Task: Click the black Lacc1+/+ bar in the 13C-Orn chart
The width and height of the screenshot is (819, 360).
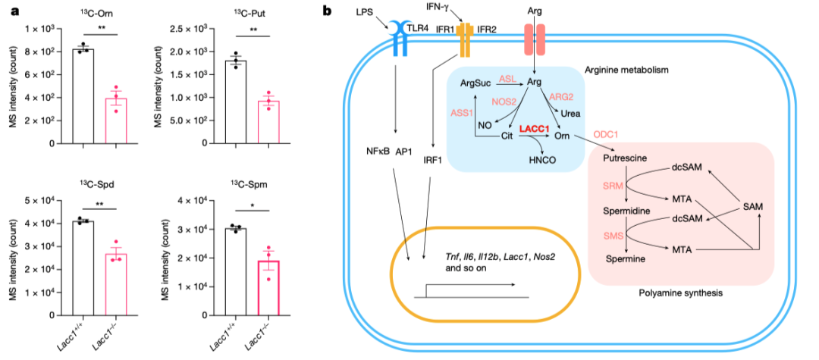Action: click(83, 96)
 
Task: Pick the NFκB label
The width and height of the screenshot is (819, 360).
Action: click(378, 150)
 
